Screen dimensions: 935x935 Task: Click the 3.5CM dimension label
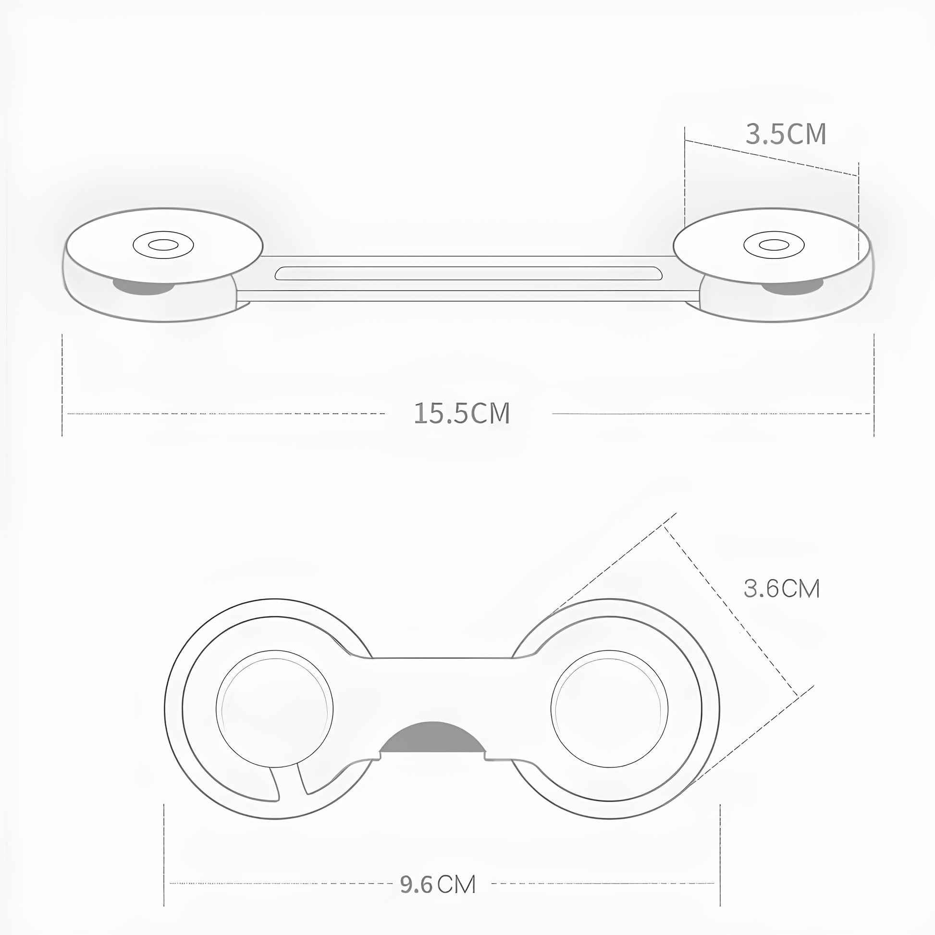tap(786, 134)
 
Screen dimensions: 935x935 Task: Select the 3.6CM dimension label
tap(782, 589)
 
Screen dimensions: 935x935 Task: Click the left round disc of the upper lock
tap(164, 246)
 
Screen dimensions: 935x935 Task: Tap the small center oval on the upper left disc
tap(163, 245)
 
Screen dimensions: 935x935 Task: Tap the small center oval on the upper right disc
tap(775, 245)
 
